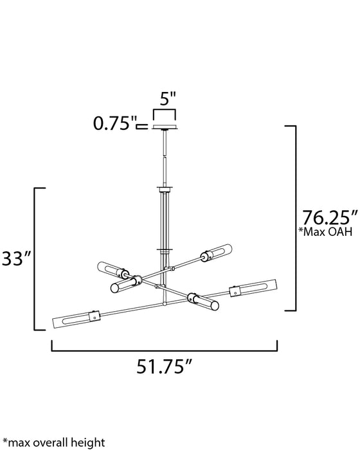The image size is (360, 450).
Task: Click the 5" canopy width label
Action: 168,100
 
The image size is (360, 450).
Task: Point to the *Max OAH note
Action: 326,232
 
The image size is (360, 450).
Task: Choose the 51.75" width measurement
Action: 166,367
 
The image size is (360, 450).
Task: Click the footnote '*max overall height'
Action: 53,442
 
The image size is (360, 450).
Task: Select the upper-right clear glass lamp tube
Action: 217,253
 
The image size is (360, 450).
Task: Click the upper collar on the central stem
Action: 165,188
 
